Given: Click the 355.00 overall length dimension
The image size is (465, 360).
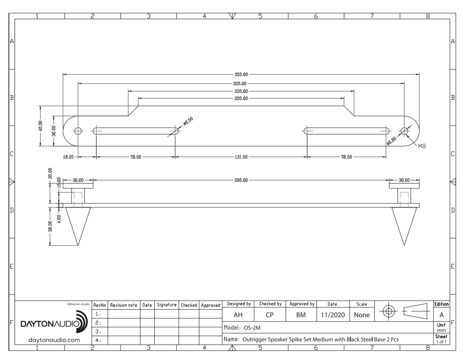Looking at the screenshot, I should pos(241,74).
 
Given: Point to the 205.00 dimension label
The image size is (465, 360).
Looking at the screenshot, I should pos(241,98).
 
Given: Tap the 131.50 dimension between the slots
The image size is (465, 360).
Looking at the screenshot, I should pos(241,157).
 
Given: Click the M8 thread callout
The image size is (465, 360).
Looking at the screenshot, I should pos(422,146).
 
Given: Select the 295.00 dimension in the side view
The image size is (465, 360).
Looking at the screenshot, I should pos(241,180).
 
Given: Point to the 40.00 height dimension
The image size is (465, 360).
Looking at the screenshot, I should pos(41,126).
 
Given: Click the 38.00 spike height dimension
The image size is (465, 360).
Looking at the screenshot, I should pos(50,226).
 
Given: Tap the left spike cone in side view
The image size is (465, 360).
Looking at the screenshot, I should pos(78,223).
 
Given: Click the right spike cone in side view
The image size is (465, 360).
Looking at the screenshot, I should pos(404,223).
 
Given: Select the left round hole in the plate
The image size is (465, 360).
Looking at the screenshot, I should pos(78,131).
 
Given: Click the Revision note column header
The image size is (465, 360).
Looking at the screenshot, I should pos(124,305).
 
